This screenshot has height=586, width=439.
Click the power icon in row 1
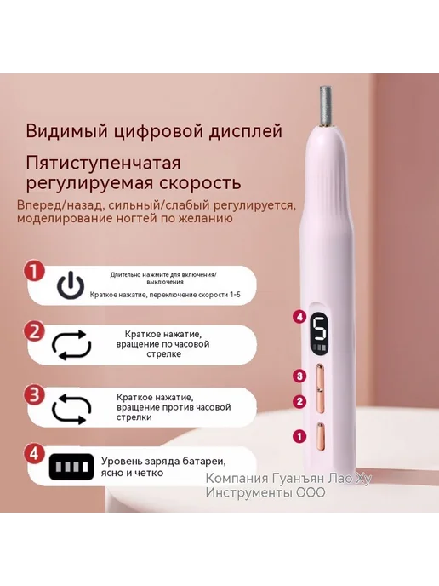point(71,286)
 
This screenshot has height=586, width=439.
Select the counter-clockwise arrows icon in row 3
point(71,409)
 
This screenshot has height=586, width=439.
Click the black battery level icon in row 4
point(71,467)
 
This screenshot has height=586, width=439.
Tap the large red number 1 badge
point(34,272)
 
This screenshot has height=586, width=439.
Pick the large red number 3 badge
point(34,394)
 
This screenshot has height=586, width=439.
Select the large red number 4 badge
point(34,454)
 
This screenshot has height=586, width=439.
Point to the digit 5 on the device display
point(320,329)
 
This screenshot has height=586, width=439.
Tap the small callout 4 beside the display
point(299,318)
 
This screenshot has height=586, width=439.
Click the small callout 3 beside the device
point(299,376)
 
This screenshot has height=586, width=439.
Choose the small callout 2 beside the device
point(299,402)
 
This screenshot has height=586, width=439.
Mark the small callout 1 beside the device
point(299,436)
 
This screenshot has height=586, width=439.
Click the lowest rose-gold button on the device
point(320,436)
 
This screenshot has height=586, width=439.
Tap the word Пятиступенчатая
point(104,164)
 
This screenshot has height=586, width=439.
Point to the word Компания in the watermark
point(237,479)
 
